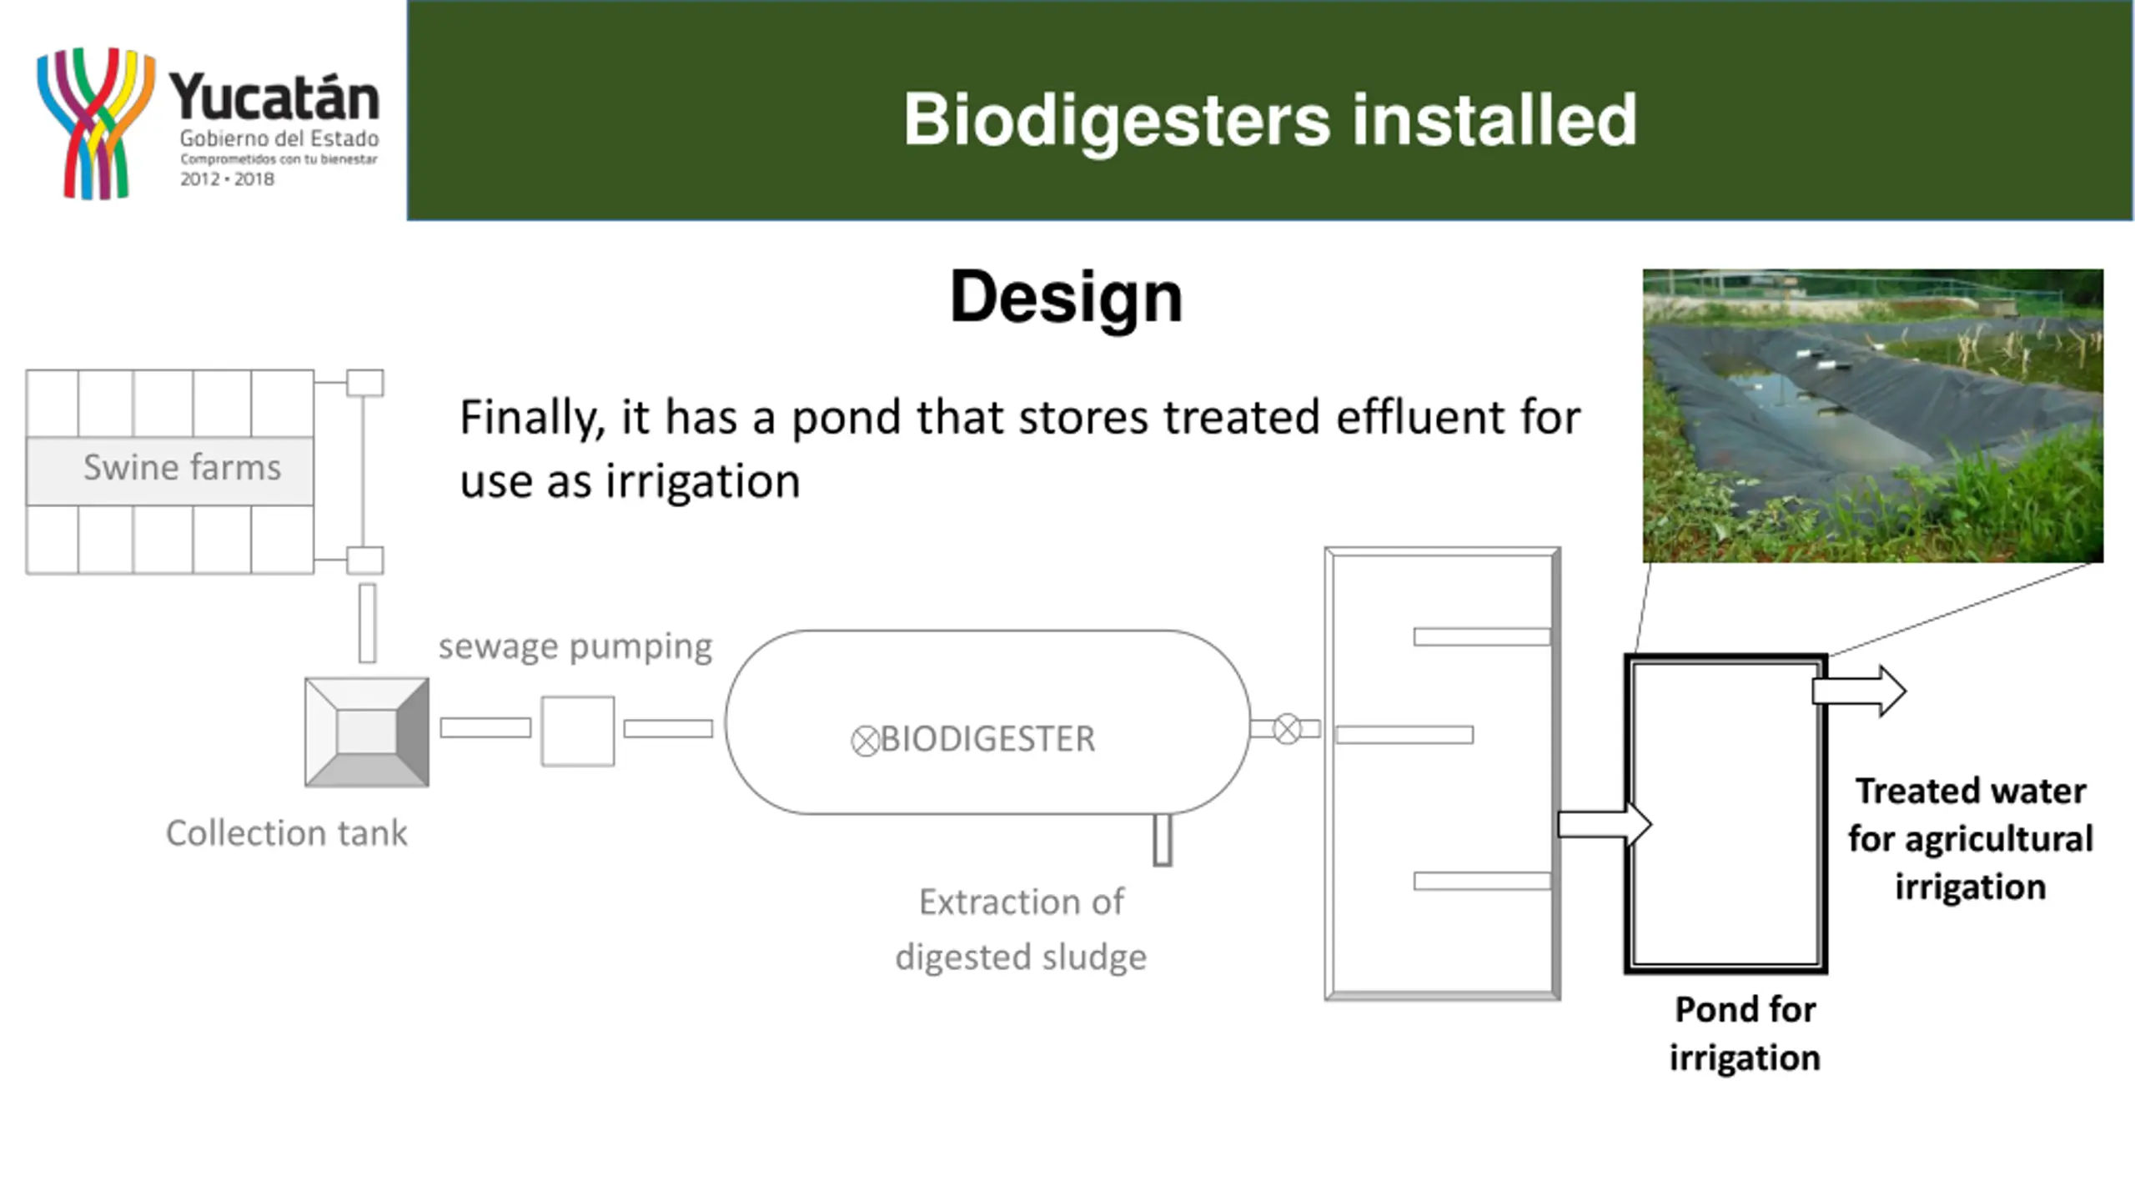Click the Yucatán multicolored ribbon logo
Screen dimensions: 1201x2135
pos(95,123)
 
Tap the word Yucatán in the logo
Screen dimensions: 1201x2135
pos(274,98)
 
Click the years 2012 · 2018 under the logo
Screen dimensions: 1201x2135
pos(227,179)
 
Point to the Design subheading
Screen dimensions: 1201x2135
pos(1066,298)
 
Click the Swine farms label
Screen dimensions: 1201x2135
pos(182,468)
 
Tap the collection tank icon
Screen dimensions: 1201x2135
pos(367,732)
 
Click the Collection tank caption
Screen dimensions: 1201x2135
pos(286,833)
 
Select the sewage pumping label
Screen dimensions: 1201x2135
pos(575,646)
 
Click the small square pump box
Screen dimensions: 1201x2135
pos(578,731)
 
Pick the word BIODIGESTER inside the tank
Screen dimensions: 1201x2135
pos(987,739)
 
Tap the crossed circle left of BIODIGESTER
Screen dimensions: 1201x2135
pos(865,741)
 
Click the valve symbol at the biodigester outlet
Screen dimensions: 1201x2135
pos(1287,729)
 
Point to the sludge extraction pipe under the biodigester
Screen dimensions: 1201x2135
pos(1163,840)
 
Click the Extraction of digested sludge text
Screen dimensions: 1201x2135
pos(1021,929)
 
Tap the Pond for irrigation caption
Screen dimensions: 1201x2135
pos(1745,1033)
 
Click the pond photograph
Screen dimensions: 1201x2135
pos(1873,415)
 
